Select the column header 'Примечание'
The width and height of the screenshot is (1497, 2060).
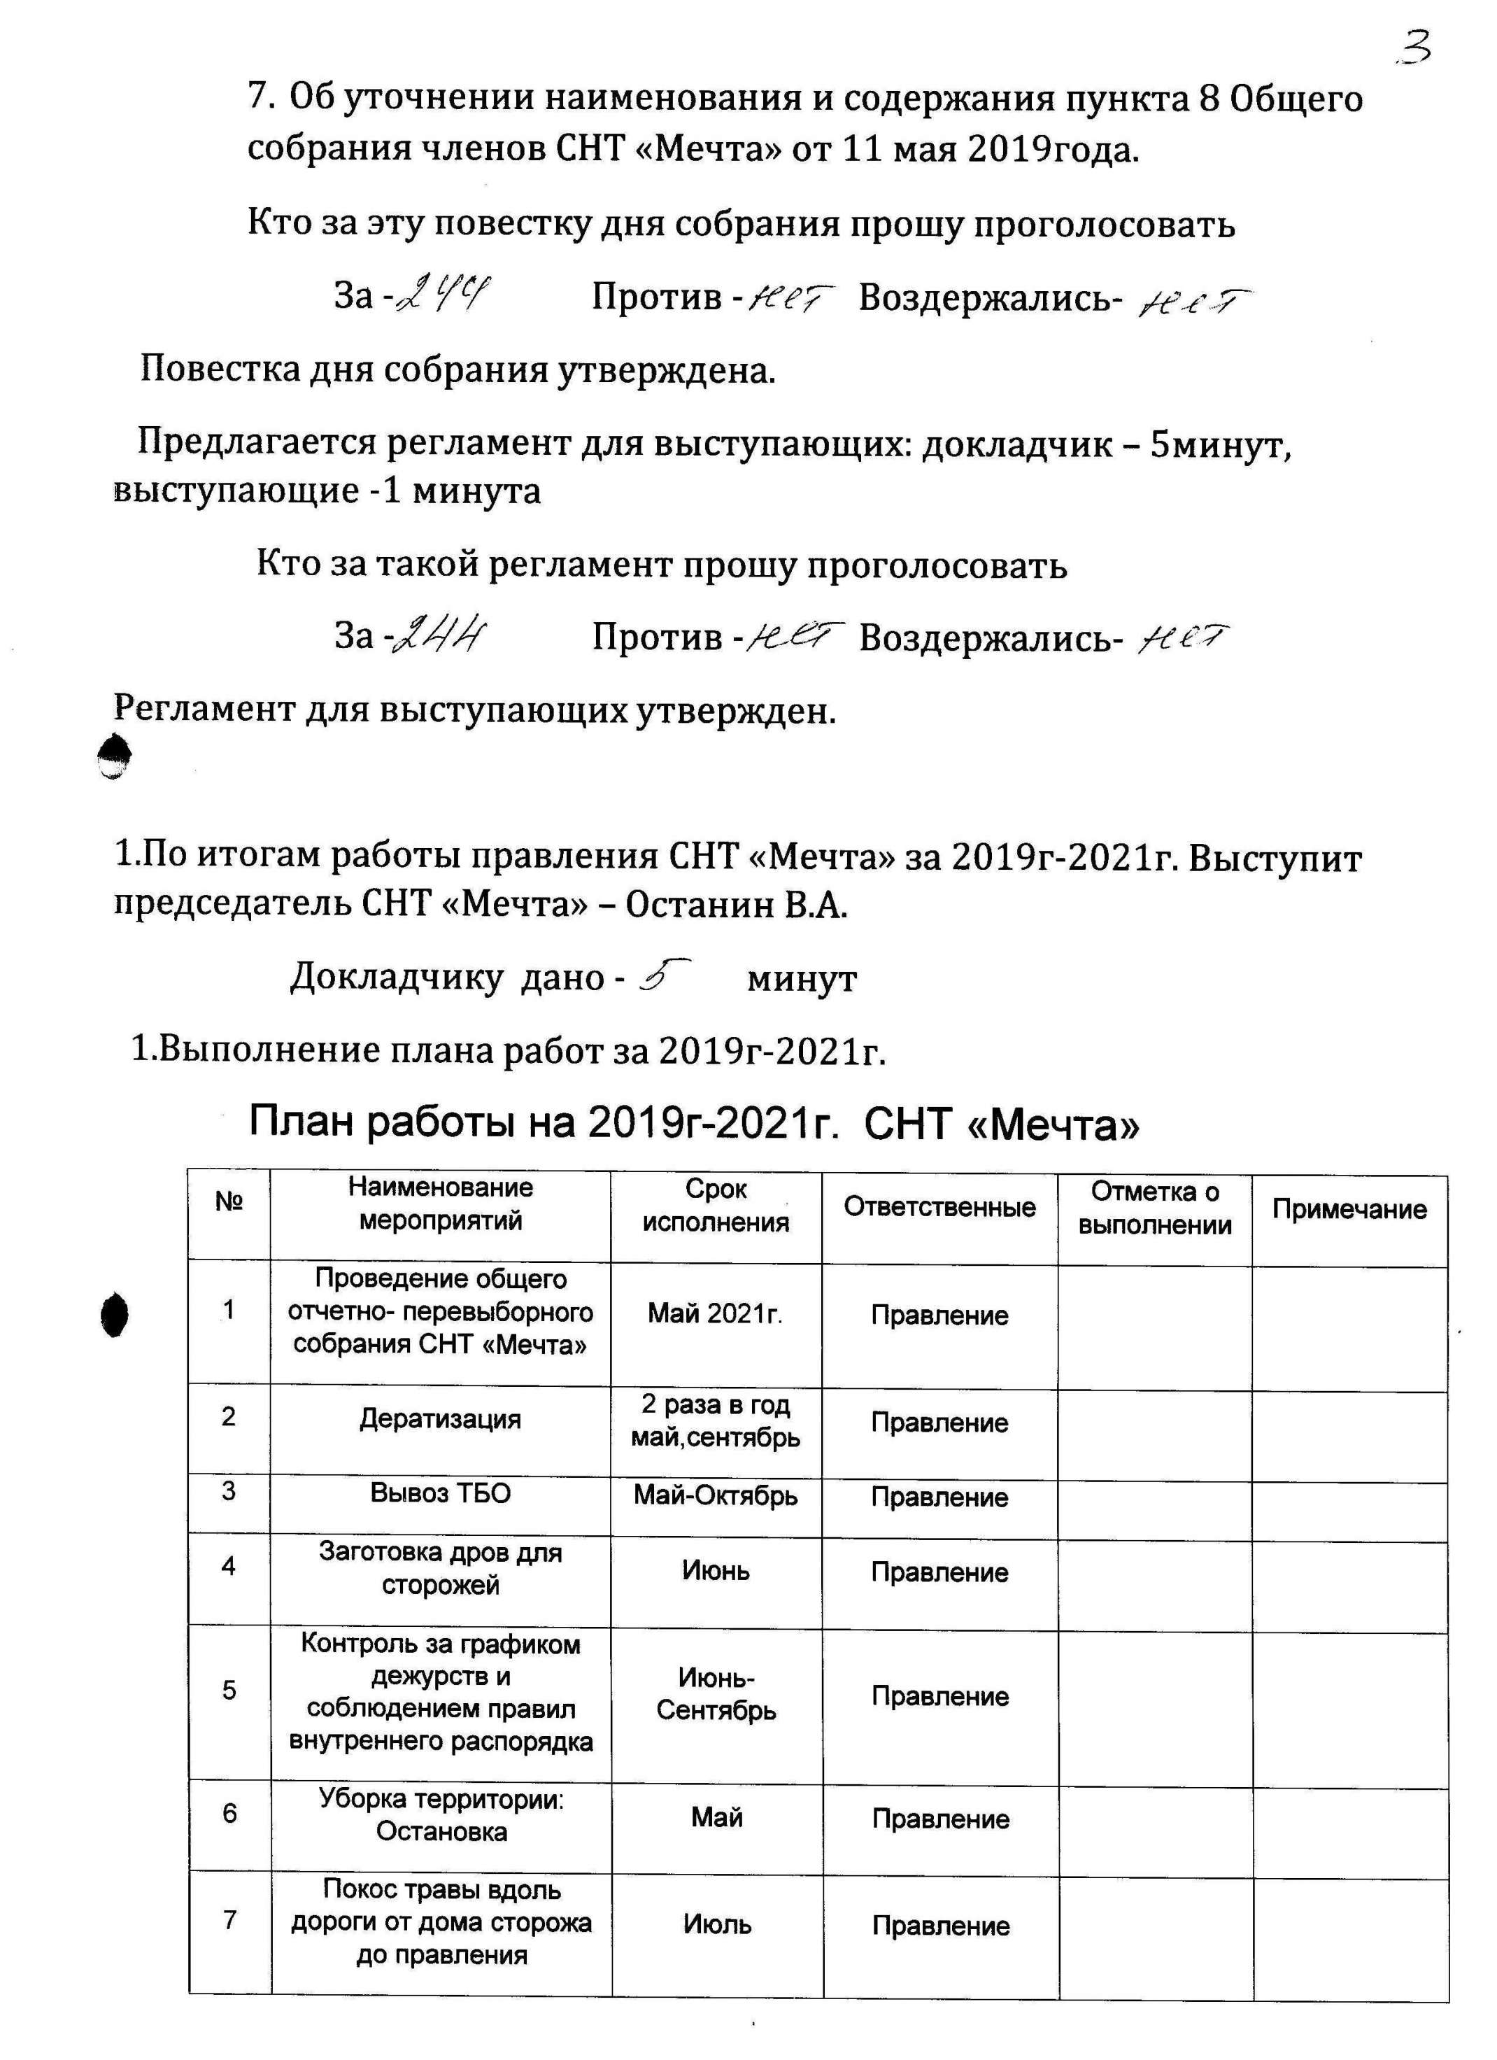click(x=1349, y=1209)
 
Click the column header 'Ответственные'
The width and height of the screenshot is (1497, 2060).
click(x=939, y=1207)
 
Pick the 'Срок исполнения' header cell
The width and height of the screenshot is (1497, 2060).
click(x=716, y=1206)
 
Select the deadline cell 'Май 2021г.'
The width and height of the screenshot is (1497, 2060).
click(x=716, y=1313)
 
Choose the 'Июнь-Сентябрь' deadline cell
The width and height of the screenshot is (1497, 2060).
click(x=716, y=1694)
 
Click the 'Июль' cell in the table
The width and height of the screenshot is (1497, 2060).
click(x=717, y=1924)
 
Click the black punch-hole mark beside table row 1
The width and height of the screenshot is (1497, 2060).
click(x=115, y=1314)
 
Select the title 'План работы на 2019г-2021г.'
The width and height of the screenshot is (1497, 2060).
click(x=542, y=1124)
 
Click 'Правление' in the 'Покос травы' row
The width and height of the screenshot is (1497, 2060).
click(x=940, y=1926)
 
